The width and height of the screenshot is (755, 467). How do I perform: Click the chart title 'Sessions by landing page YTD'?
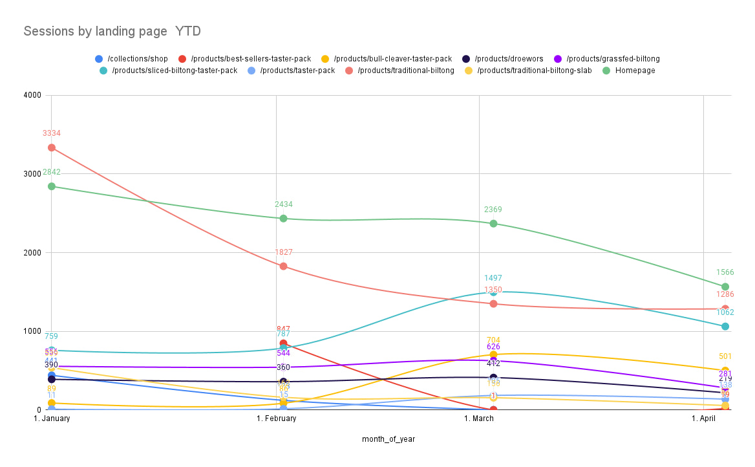(x=112, y=31)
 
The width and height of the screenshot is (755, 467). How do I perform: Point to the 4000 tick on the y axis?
(x=32, y=95)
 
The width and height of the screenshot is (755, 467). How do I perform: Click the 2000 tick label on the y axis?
(x=32, y=253)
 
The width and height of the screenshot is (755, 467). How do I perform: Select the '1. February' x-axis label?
(x=277, y=419)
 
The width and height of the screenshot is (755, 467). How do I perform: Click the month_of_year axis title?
(x=388, y=439)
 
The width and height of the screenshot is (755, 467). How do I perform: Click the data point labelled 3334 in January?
(x=52, y=147)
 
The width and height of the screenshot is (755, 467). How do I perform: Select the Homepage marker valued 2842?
(x=52, y=186)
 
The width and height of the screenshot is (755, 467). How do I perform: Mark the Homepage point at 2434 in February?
(x=283, y=219)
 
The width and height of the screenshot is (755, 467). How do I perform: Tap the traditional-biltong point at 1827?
(x=283, y=266)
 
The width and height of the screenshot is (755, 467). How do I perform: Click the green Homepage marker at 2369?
(x=493, y=223)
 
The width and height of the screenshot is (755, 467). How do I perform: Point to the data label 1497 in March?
(x=493, y=278)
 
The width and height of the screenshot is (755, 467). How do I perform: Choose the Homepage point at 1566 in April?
(x=725, y=287)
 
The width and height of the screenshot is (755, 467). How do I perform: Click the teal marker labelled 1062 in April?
(x=725, y=326)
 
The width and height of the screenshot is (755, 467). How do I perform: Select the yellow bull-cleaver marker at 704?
(x=493, y=354)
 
